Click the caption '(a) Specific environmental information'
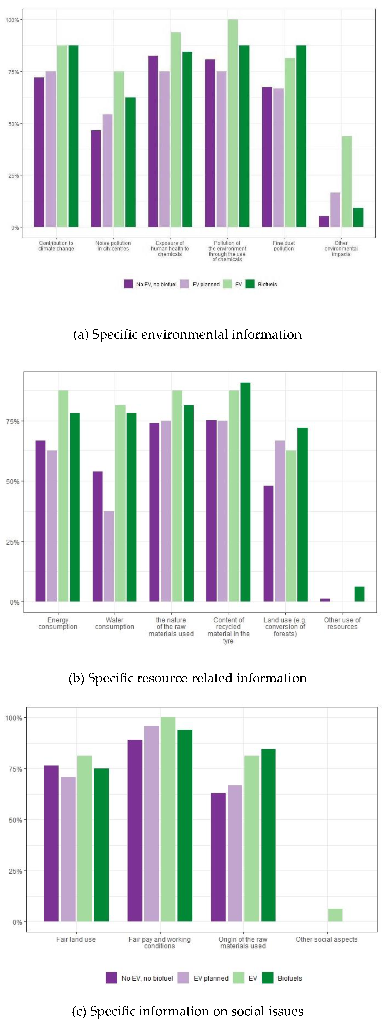187,334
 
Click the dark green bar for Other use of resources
359,594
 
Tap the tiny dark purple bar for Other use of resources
325,600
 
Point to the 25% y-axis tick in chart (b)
13,542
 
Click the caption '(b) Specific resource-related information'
187,678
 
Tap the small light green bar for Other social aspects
335,915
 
